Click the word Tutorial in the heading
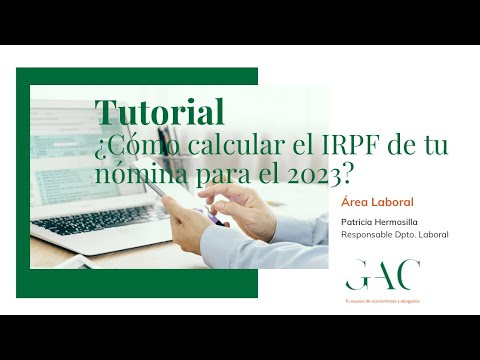159,110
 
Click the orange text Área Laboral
377,202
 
